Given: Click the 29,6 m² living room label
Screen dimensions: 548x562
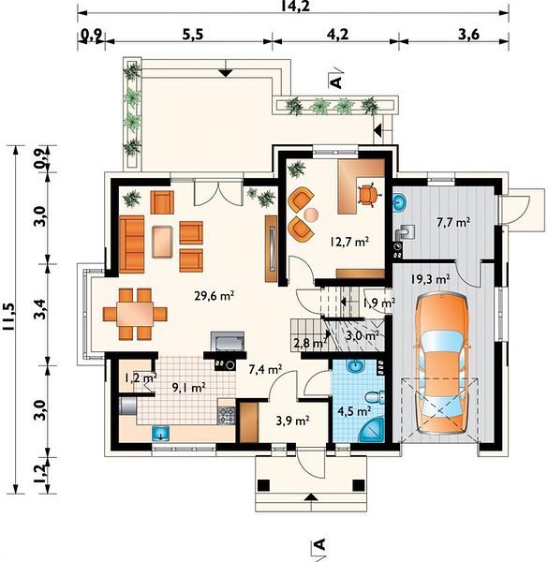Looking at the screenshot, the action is [214, 296].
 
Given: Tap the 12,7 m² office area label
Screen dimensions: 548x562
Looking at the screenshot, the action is [349, 242].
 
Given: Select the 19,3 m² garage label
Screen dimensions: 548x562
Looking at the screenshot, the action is [431, 279].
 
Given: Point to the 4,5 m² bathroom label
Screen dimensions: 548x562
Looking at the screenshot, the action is [354, 411].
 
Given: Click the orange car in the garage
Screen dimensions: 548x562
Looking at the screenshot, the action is [442, 363].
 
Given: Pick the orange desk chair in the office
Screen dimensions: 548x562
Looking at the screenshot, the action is [367, 194].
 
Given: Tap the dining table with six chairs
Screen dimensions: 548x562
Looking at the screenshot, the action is [135, 314].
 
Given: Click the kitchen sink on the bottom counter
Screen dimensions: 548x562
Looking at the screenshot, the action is [161, 433].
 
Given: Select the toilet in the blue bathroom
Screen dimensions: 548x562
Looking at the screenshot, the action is [375, 398].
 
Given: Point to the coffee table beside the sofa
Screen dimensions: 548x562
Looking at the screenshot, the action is [163, 242].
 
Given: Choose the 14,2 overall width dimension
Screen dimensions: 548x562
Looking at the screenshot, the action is [295, 7].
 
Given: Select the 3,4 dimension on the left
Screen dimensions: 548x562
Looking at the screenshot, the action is [40, 309].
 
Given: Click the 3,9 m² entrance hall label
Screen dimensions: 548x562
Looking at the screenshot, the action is [293, 421].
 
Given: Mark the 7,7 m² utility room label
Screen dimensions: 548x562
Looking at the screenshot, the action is [453, 222].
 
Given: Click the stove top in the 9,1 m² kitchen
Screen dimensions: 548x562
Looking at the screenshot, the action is [227, 415].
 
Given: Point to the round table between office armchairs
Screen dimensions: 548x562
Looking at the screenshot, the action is [311, 214].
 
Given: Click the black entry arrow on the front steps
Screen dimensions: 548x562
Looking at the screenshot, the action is [311, 496].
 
